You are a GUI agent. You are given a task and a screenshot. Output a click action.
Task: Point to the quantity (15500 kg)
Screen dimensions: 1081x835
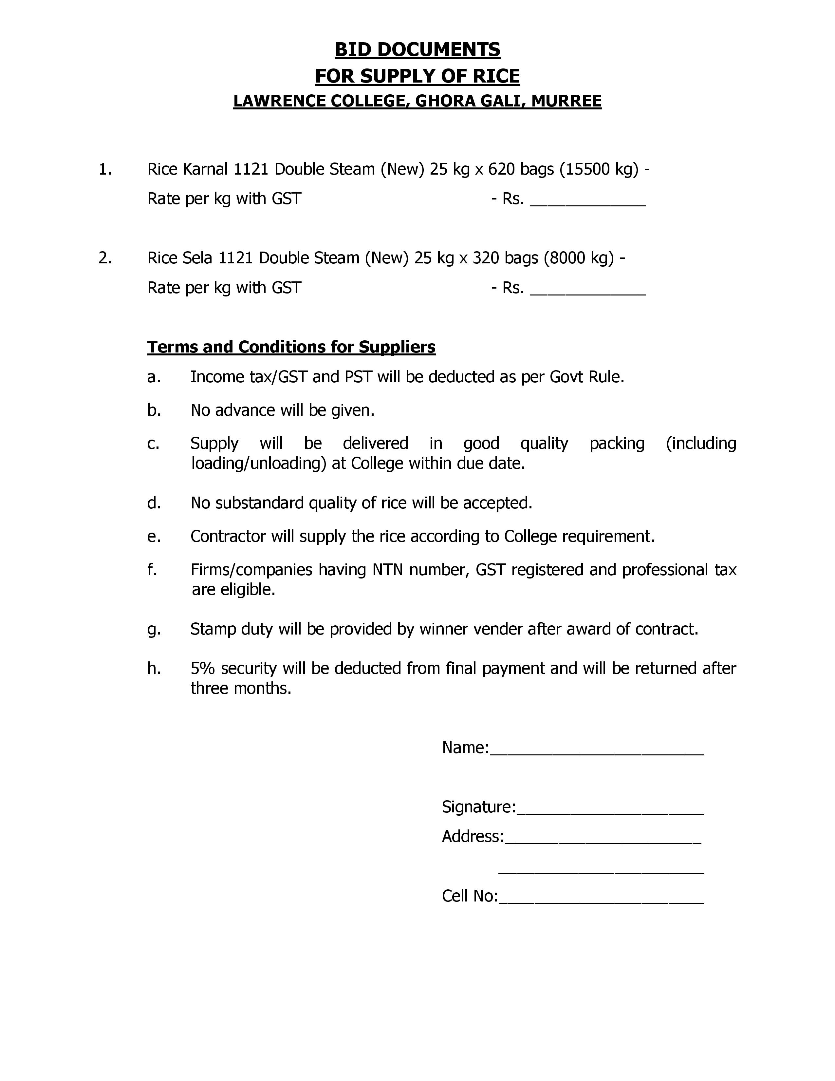[x=599, y=169]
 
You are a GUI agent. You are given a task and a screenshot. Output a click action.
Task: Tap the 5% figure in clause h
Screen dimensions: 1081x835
[x=203, y=668]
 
